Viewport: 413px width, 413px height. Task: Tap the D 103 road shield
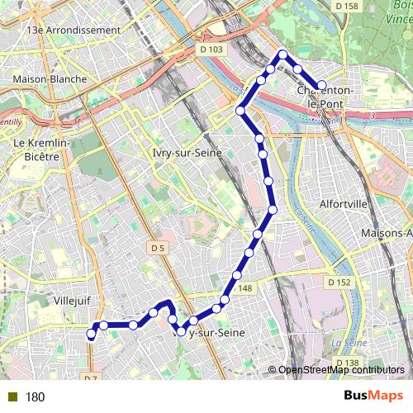[211, 50]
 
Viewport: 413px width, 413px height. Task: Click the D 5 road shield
[159, 247]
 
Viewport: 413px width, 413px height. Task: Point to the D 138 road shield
[348, 363]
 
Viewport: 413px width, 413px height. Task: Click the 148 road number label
[245, 288]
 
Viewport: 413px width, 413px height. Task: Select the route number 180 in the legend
[35, 397]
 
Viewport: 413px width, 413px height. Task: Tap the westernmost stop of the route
[91, 335]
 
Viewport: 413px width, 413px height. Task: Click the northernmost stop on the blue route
[282, 55]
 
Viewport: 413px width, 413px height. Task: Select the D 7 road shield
[90, 377]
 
